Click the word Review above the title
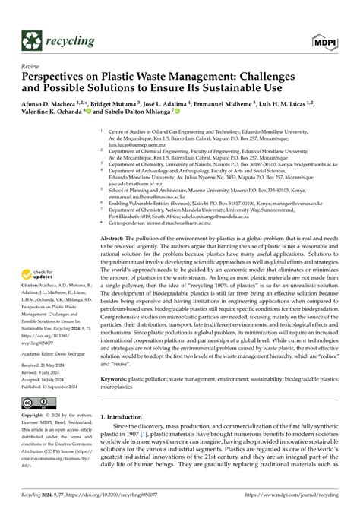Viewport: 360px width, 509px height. tap(32, 67)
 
